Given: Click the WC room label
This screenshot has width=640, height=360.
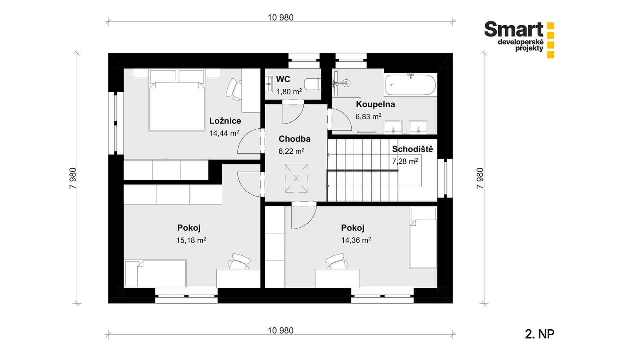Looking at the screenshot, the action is (283, 79).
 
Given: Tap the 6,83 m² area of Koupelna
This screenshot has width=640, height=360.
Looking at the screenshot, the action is (368, 117).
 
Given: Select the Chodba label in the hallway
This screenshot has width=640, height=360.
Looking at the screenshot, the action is (294, 139).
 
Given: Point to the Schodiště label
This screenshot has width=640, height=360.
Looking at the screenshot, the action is (413, 149).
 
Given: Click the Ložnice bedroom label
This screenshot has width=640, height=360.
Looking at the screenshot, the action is (225, 121).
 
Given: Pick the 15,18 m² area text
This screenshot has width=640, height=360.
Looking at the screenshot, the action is (191, 240).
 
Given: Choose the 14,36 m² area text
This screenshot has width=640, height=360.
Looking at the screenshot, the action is (356, 240).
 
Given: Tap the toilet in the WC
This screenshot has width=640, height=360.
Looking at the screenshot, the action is (312, 84).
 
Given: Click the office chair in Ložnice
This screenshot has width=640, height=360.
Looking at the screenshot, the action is (234, 89).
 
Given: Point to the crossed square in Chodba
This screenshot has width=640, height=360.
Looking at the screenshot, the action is (296, 178).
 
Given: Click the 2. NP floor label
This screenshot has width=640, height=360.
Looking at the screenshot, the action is (539, 334).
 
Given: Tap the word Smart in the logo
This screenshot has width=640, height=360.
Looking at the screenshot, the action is (514, 29).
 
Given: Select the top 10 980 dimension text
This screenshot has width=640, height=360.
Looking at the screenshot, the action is (280, 18).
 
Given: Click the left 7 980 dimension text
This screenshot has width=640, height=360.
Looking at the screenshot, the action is (73, 178).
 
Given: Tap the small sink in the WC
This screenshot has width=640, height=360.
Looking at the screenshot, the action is (269, 84).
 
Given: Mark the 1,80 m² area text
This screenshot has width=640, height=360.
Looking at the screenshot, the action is (289, 92).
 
